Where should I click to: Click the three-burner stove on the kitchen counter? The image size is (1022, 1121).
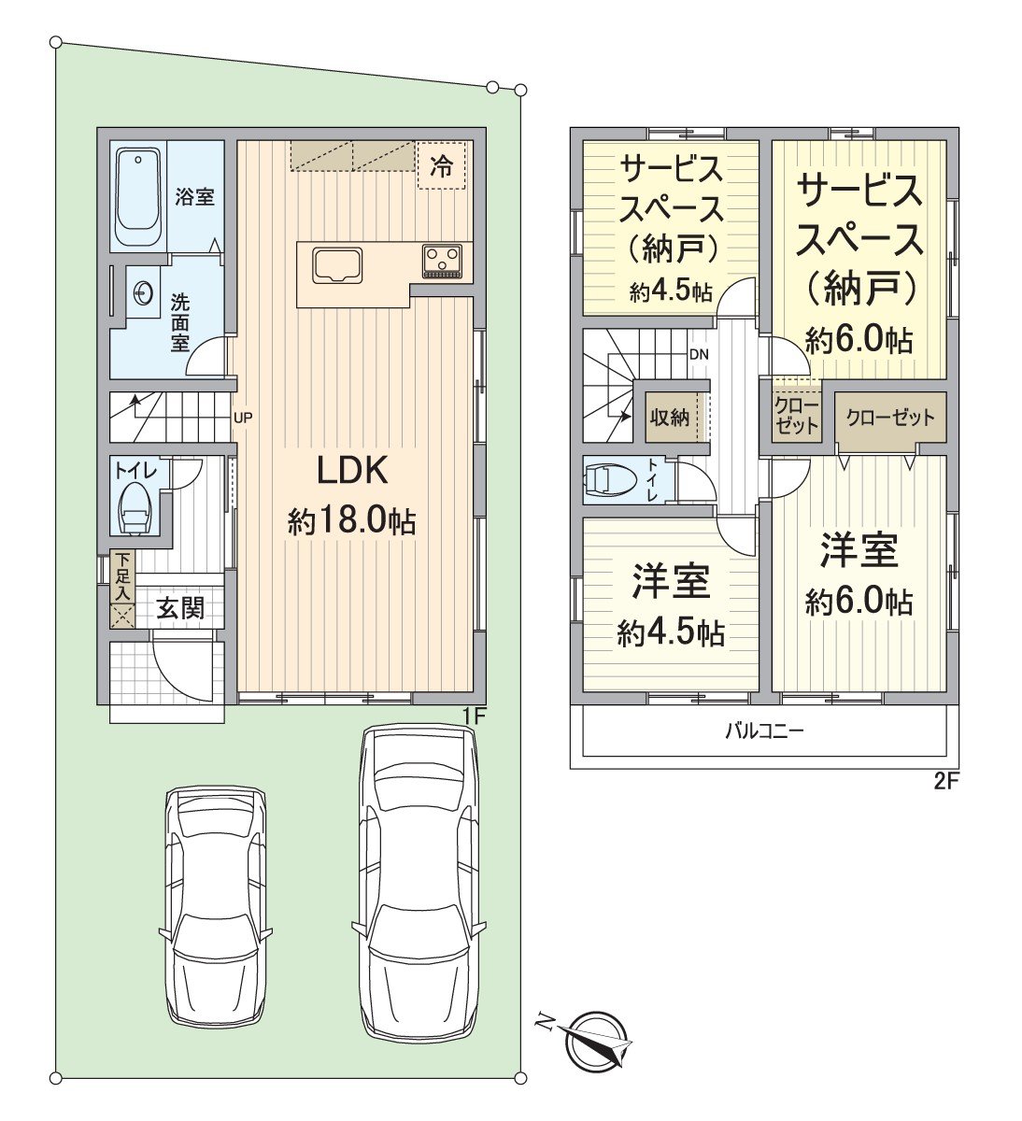tap(442, 261)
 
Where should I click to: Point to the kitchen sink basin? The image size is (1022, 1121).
tap(337, 265)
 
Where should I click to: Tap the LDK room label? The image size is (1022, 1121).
tap(352, 471)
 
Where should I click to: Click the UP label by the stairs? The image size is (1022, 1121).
tap(243, 417)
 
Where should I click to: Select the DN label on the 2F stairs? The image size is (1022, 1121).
tap(699, 354)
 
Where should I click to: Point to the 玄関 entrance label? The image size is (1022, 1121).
tap(180, 608)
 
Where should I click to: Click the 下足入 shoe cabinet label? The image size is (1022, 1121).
tap(123, 577)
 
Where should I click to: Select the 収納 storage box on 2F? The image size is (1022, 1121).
tap(670, 418)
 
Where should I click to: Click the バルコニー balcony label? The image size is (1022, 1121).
tap(764, 731)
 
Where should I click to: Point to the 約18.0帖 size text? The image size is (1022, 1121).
tap(352, 522)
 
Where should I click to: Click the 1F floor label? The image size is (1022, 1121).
tap(472, 715)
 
